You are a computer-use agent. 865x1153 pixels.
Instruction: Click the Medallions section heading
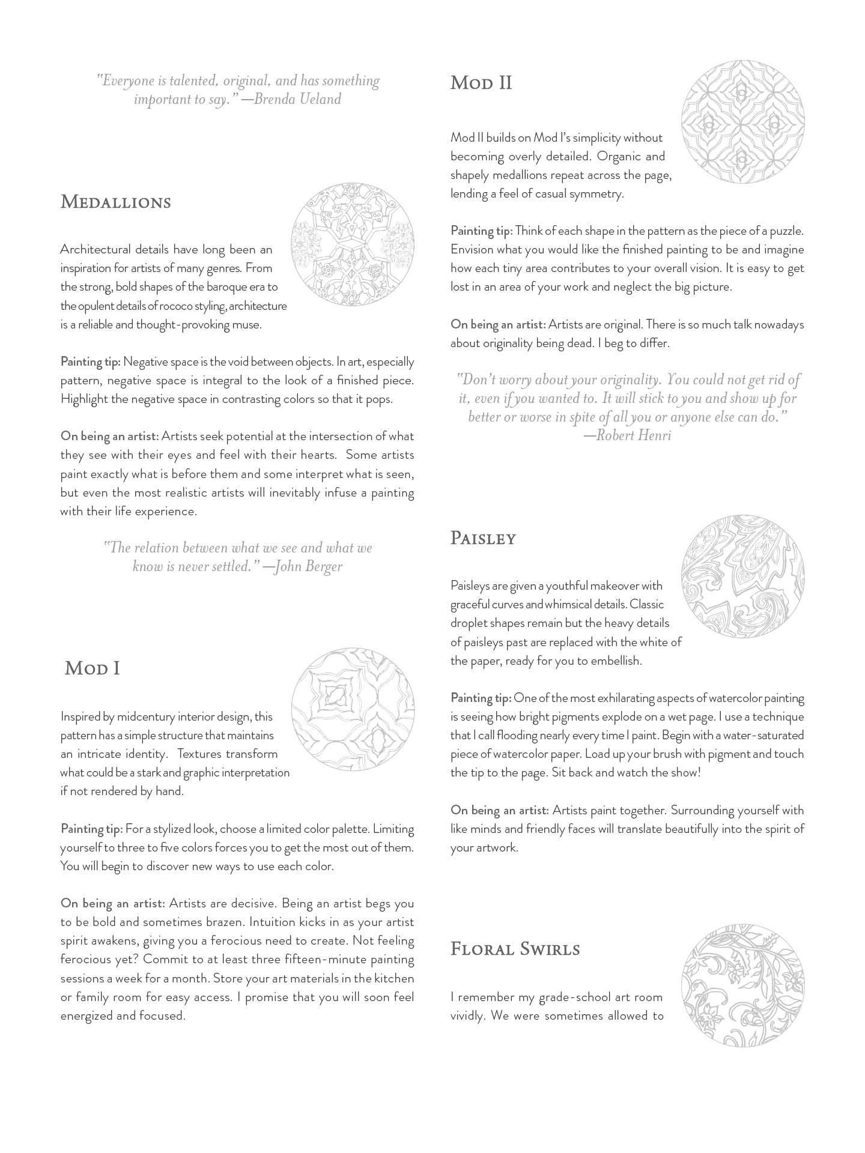click(115, 202)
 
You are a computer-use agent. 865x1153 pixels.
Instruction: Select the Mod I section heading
click(93, 668)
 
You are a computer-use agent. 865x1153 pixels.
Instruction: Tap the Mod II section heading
click(481, 83)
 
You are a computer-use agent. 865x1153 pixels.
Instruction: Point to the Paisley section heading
click(483, 538)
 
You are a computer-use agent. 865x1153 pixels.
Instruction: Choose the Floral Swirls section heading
click(515, 949)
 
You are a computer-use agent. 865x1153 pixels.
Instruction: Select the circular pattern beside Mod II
click(742, 121)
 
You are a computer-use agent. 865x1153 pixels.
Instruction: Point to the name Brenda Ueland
click(297, 99)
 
